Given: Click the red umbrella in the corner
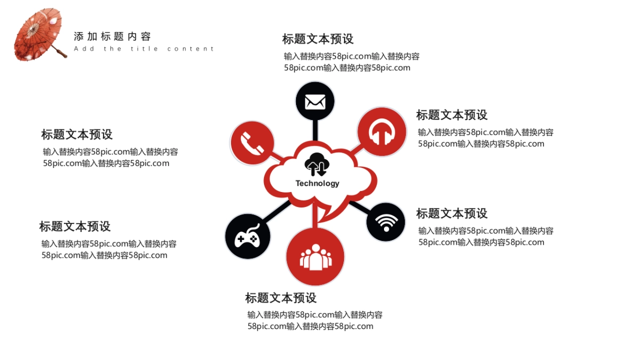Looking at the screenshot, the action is [38, 35].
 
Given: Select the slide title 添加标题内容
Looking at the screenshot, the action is [113, 36].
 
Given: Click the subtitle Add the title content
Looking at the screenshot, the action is [144, 49].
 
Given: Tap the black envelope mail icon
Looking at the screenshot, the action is [315, 101].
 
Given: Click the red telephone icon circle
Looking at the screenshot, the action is [252, 142].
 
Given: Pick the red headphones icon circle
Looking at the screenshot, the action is [382, 132].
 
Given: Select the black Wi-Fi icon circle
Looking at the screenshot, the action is [386, 222].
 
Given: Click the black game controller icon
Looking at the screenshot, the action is [247, 236].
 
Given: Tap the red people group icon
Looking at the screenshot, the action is [315, 257].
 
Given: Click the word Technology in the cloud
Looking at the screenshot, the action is [317, 183].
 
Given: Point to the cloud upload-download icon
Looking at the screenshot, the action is [317, 163].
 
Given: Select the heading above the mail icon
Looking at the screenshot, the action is [318, 39].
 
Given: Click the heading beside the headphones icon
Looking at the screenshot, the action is [452, 115].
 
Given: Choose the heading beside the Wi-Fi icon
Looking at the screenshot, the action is [452, 213].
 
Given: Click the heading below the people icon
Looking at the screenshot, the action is [281, 298].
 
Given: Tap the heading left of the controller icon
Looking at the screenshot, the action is [75, 226].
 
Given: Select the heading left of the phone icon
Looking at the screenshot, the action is [77, 134].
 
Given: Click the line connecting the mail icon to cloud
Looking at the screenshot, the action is [315, 131].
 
